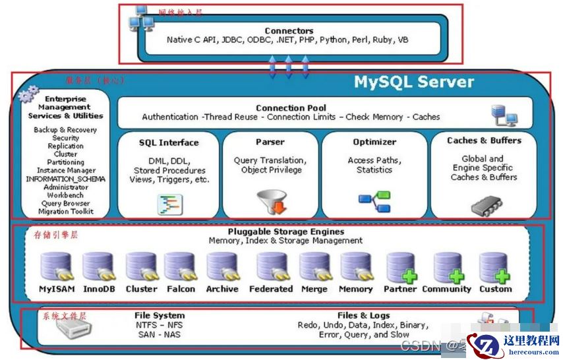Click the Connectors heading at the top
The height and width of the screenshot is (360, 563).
pyautogui.click(x=289, y=31)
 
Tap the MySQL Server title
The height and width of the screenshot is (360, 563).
pyautogui.click(x=414, y=82)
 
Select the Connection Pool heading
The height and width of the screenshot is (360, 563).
pyautogui.click(x=291, y=108)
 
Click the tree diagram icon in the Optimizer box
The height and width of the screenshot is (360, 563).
pyautogui.click(x=374, y=201)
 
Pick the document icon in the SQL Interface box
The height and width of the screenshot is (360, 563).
pyautogui.click(x=169, y=204)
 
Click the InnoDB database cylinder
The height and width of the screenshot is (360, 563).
pyautogui.click(x=98, y=268)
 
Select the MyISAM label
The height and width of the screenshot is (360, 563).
pyautogui.click(x=57, y=289)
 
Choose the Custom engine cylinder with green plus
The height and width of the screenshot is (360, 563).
pyautogui.click(x=494, y=268)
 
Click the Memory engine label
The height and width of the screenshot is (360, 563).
pyautogui.click(x=356, y=289)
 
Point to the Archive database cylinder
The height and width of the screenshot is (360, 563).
pyautogui.click(x=222, y=268)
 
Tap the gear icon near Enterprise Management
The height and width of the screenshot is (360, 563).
pyautogui.click(x=28, y=96)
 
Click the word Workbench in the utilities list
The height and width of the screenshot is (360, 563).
pyautogui.click(x=65, y=195)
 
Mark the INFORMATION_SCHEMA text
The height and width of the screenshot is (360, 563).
pyautogui.click(x=65, y=179)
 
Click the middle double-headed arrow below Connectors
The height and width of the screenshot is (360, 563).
pyautogui.click(x=288, y=67)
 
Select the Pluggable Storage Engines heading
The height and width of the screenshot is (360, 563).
pyautogui.click(x=285, y=232)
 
